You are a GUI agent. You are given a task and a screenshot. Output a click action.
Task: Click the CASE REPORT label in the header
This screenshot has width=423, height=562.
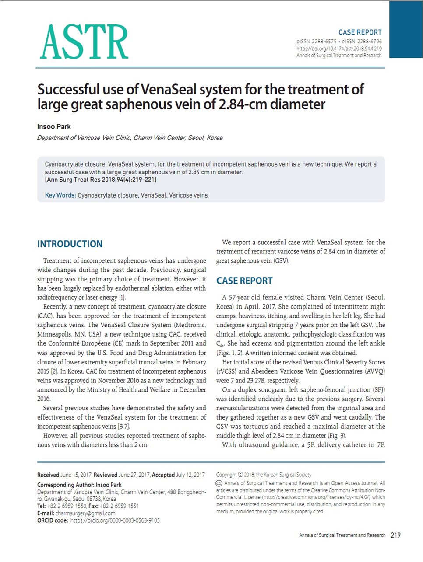tap(360, 32)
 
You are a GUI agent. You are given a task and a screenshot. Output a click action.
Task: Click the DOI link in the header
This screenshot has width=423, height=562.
tap(339, 49)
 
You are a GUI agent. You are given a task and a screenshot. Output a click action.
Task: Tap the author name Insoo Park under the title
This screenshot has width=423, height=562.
tap(54, 127)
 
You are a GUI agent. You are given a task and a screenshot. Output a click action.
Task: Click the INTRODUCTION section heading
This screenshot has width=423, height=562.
tap(70, 244)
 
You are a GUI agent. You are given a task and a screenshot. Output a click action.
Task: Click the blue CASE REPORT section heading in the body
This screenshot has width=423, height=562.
tap(244, 281)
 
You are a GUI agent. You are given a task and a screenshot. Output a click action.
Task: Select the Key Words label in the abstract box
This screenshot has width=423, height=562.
tap(60, 195)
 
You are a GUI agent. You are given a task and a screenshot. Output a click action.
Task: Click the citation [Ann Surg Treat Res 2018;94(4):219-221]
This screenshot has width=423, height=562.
tap(101, 180)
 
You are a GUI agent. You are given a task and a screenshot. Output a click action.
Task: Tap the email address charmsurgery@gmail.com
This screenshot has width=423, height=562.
tap(85, 513)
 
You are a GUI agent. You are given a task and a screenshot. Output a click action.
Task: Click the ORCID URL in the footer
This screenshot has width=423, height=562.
tap(115, 520)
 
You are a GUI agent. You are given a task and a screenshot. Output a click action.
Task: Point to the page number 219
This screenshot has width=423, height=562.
tap(395, 535)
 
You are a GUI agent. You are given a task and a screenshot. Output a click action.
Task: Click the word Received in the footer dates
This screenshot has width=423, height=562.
tap(48, 475)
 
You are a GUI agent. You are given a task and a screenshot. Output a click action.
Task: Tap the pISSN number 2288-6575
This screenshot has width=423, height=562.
tap(324, 42)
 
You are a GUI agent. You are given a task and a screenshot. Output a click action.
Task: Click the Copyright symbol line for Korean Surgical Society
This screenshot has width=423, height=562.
tap(264, 475)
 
